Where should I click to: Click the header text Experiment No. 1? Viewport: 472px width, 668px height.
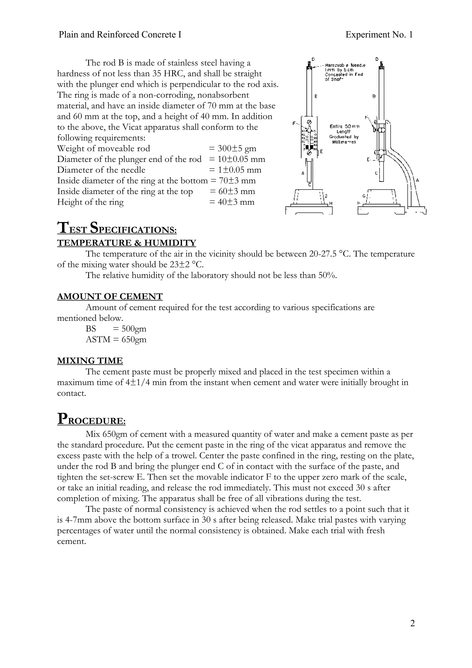click(379, 35)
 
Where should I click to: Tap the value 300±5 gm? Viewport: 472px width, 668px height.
click(237, 149)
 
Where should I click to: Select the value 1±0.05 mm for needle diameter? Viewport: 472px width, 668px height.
click(239, 170)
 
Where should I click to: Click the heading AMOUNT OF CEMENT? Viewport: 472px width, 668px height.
click(110, 297)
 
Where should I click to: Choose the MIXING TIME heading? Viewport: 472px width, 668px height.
click(90, 361)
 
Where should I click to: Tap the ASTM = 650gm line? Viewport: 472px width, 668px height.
click(116, 339)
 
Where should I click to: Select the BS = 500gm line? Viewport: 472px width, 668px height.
click(116, 329)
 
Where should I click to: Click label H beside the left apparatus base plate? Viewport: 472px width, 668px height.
click(331, 203)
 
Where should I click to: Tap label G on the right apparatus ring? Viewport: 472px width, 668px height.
click(363, 196)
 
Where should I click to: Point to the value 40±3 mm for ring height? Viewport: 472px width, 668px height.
click(236, 202)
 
